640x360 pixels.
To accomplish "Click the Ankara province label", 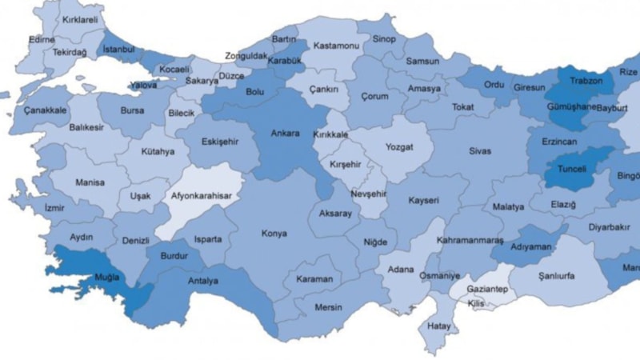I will (285, 133).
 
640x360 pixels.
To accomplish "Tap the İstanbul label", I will (121, 50).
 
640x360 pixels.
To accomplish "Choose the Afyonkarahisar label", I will (200, 194).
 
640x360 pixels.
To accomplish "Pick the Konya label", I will (274, 234).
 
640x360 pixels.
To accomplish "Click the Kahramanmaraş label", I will (470, 240).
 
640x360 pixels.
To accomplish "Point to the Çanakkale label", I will (45, 110).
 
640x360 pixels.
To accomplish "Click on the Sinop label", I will (384, 38).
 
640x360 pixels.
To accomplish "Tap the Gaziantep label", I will (488, 288).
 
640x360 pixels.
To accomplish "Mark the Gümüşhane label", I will (571, 106).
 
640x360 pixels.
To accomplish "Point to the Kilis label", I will (477, 304).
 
